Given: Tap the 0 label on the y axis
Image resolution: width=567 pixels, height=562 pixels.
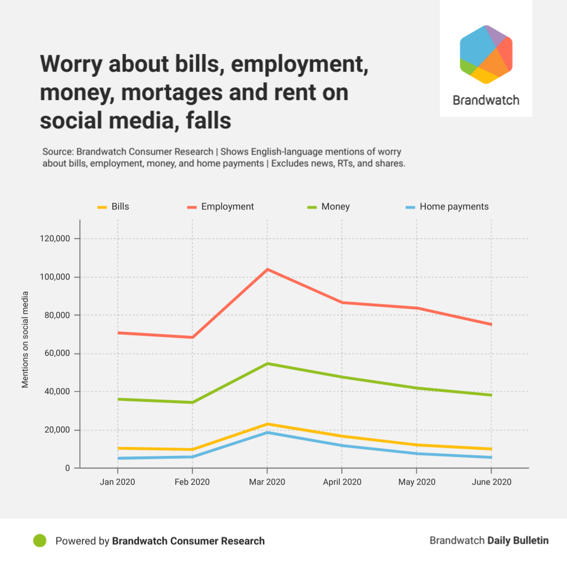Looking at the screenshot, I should tap(68, 468).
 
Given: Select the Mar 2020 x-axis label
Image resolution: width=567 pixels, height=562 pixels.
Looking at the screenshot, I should tap(267, 482).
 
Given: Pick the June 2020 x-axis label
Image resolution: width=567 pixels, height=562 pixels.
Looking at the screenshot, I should tap(491, 482).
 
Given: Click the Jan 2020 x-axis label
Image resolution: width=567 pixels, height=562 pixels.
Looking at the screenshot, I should tap(117, 482).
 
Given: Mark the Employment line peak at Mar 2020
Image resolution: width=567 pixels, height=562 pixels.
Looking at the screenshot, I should tap(267, 270).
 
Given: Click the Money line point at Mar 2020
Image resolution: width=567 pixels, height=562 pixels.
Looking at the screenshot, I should tap(267, 364).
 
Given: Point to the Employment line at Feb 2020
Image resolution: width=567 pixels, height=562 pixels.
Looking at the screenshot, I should tap(192, 337).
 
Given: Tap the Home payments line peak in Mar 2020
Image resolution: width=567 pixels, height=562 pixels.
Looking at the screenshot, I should tap(267, 432).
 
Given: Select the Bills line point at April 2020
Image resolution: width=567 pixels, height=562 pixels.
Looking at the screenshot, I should tap(342, 436).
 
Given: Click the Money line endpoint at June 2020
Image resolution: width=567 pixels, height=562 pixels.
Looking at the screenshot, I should tap(491, 395).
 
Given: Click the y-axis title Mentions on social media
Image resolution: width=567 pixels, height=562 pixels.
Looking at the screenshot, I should tap(25, 339).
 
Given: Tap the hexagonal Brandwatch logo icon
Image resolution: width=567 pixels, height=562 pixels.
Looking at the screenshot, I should tap(486, 54).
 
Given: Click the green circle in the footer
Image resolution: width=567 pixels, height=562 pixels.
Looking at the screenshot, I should tap(39, 540).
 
